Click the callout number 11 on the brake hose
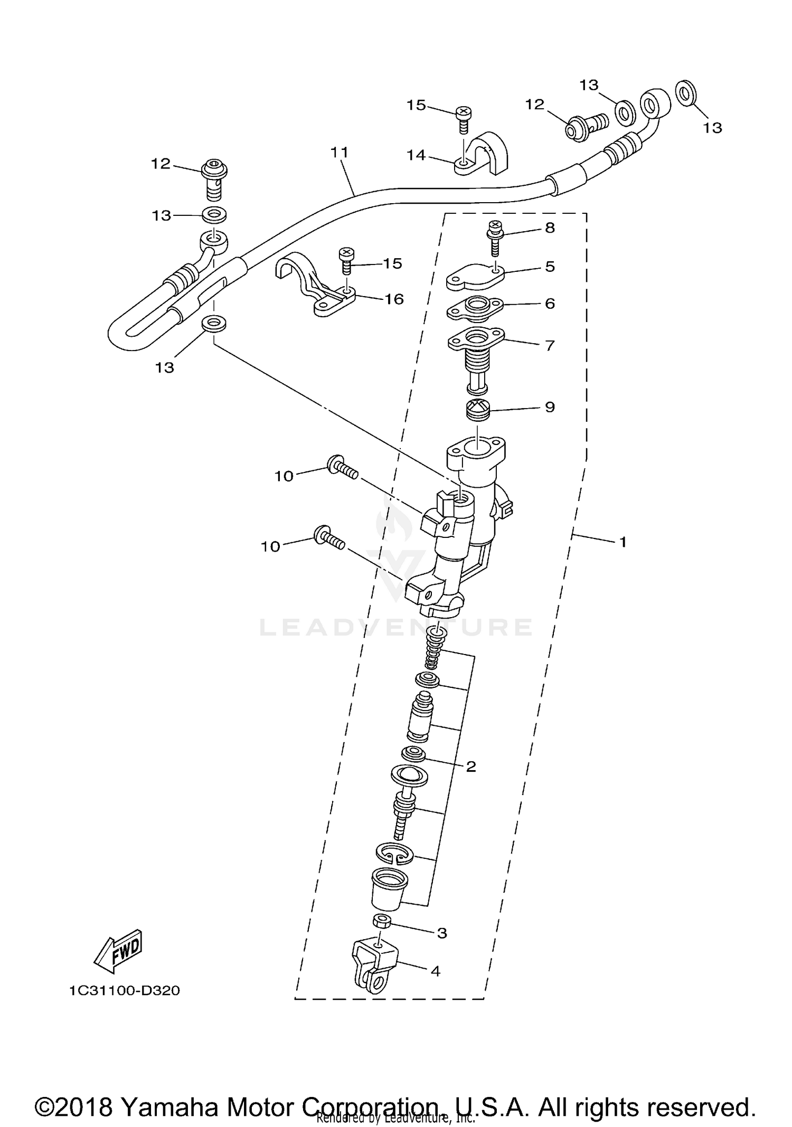click(x=340, y=153)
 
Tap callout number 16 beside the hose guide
click(x=394, y=299)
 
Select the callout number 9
click(x=550, y=407)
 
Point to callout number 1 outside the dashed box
click(x=623, y=542)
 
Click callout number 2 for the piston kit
click(x=471, y=766)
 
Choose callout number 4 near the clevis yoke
click(x=436, y=971)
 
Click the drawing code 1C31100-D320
click(x=125, y=991)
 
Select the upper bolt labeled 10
click(x=342, y=468)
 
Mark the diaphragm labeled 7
click(x=476, y=359)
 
